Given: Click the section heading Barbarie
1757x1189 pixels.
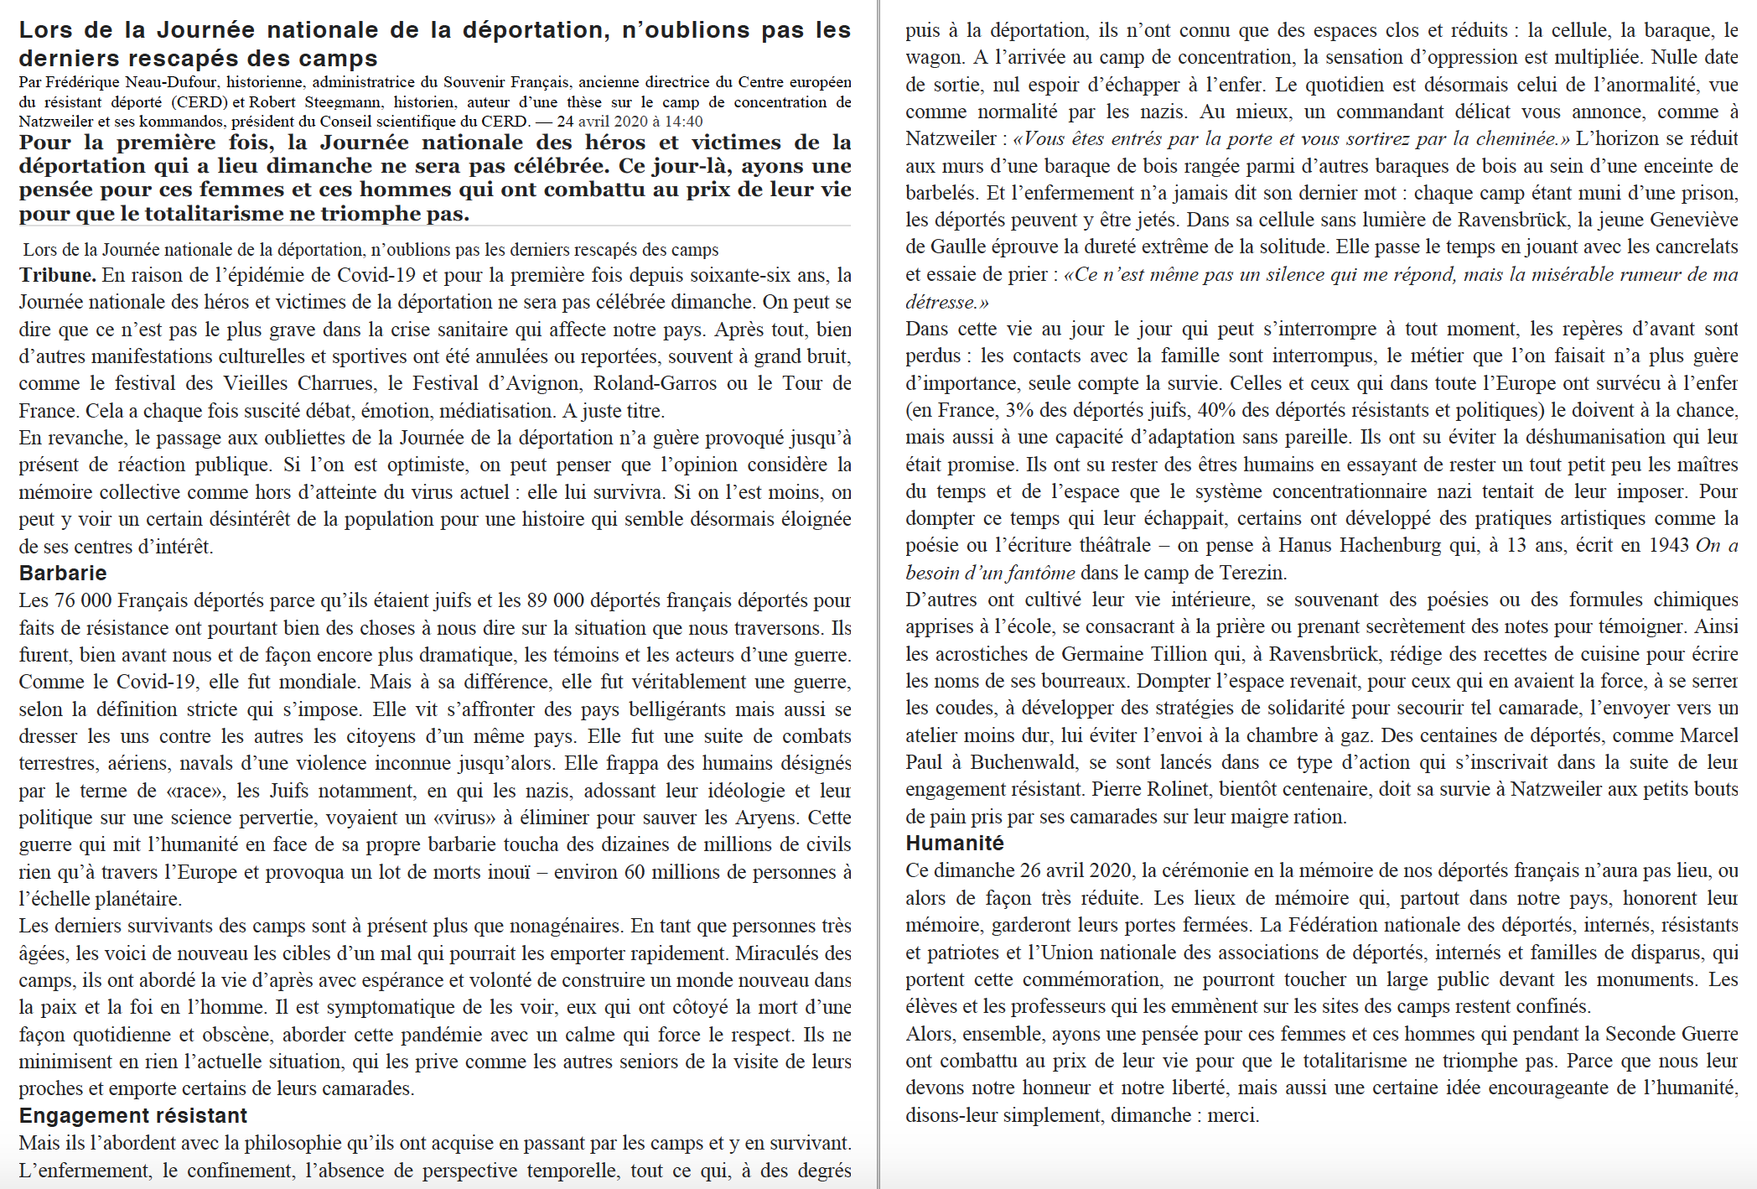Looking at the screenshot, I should click(x=63, y=574).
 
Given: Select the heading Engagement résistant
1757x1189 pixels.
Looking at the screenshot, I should click(x=133, y=1116).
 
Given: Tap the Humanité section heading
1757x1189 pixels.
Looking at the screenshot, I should click(x=955, y=844).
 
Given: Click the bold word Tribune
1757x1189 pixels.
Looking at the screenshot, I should click(x=57, y=275).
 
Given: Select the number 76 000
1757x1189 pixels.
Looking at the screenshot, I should click(x=82, y=601).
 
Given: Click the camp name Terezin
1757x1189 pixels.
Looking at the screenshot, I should click(x=1250, y=574).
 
